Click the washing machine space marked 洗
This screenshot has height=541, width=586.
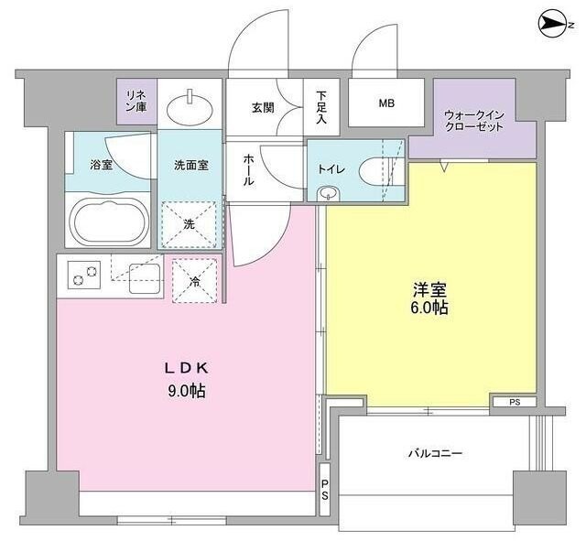(x=190, y=222)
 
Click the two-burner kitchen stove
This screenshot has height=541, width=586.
(x=85, y=274)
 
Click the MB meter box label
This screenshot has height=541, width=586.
(x=386, y=103)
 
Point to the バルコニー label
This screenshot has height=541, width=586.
(x=434, y=453)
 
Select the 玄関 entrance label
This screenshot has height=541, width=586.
(x=262, y=107)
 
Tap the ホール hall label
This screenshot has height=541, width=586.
(x=248, y=169)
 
